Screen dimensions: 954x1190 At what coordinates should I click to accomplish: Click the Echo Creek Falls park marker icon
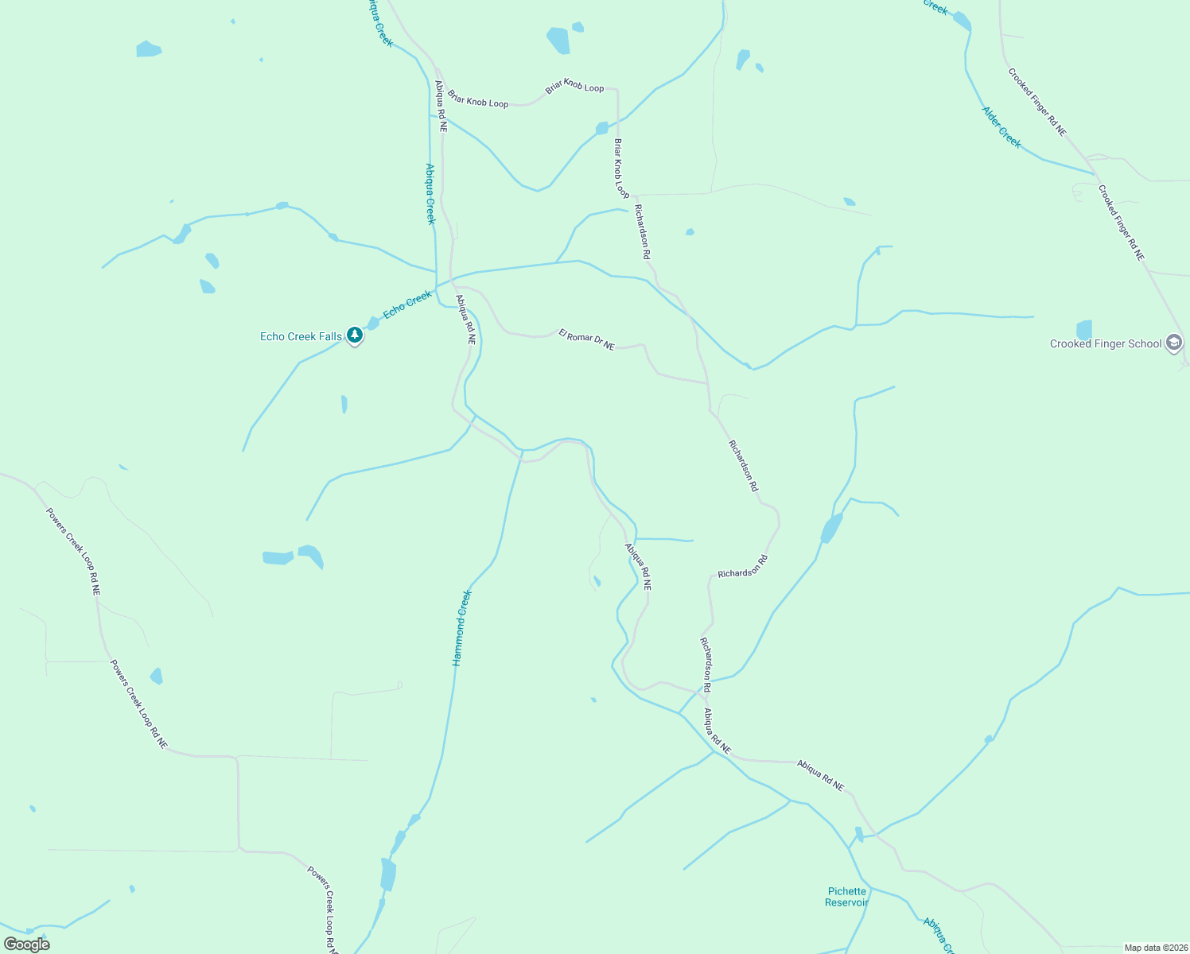(x=355, y=335)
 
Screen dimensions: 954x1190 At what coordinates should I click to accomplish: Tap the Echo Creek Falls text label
(x=301, y=337)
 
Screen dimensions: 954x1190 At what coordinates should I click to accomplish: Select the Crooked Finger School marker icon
(x=1174, y=343)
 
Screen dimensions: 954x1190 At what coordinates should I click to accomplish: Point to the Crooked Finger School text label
(x=1106, y=344)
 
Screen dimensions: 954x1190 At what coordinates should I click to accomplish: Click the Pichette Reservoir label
(x=846, y=897)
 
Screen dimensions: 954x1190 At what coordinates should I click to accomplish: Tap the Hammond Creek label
(x=461, y=628)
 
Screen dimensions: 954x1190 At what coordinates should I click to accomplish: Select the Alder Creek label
(x=1001, y=127)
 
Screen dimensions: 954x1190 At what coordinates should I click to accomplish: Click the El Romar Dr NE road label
(x=586, y=339)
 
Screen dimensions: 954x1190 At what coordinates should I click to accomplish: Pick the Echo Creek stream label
(x=407, y=304)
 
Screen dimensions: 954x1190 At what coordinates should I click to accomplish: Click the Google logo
(x=26, y=944)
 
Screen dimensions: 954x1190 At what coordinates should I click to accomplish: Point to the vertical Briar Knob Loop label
(x=621, y=169)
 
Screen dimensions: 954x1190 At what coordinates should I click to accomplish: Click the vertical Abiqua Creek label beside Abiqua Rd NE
(x=430, y=194)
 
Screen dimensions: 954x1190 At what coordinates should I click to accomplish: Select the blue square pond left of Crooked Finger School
(x=1083, y=330)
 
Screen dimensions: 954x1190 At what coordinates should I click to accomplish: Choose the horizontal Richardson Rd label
(x=742, y=567)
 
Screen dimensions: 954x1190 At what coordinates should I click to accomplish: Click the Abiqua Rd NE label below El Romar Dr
(x=465, y=320)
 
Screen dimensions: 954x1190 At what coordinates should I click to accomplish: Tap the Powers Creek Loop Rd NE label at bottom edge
(x=322, y=910)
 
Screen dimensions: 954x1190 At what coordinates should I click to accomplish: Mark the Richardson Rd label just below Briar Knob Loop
(x=642, y=232)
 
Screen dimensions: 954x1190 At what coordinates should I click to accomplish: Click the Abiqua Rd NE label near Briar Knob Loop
(x=441, y=106)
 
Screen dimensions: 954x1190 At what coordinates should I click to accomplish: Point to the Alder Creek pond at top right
(x=962, y=21)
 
